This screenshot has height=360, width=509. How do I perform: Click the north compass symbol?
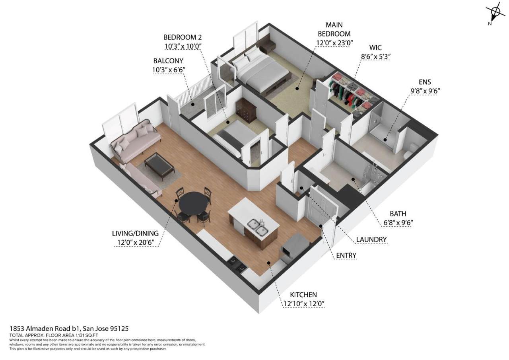(x=495, y=12)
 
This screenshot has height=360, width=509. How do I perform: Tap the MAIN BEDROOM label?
(x=334, y=29)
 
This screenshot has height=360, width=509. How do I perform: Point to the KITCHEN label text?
(x=303, y=295)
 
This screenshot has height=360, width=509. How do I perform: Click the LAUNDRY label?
(x=371, y=239)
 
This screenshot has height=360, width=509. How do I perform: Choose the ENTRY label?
(x=346, y=255)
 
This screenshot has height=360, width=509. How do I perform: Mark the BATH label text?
(x=398, y=214)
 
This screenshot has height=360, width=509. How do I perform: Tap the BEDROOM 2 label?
(x=183, y=37)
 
